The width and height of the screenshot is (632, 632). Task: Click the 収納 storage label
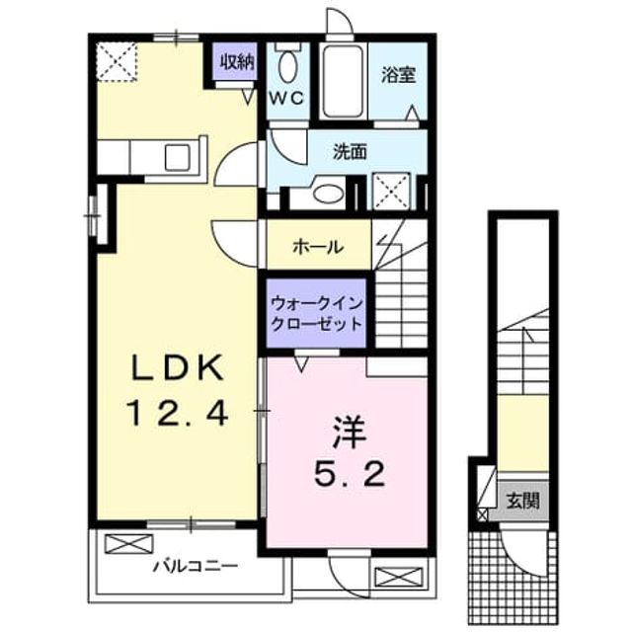coord(237,61)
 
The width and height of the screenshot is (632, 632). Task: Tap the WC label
coord(286,98)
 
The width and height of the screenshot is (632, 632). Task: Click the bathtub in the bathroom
coord(343,81)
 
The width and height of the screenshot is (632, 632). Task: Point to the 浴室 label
coord(398,75)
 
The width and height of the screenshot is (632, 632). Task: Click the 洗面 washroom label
coord(350,151)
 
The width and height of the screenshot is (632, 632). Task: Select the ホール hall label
coord(318,246)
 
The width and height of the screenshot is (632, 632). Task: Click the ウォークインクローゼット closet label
coord(317,314)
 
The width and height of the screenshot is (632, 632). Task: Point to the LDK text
coord(178,367)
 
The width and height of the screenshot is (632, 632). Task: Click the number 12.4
coord(178,414)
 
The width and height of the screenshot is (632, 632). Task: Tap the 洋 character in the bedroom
coord(349,434)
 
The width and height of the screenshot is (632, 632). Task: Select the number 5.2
coord(349,474)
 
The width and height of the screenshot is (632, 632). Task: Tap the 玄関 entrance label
coord(522,501)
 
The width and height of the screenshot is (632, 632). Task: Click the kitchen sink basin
coord(178,157)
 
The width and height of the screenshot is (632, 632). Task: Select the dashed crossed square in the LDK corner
coord(117,61)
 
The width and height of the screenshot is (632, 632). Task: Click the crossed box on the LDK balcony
coord(129,544)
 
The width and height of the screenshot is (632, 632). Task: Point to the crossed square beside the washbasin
coord(392,191)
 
